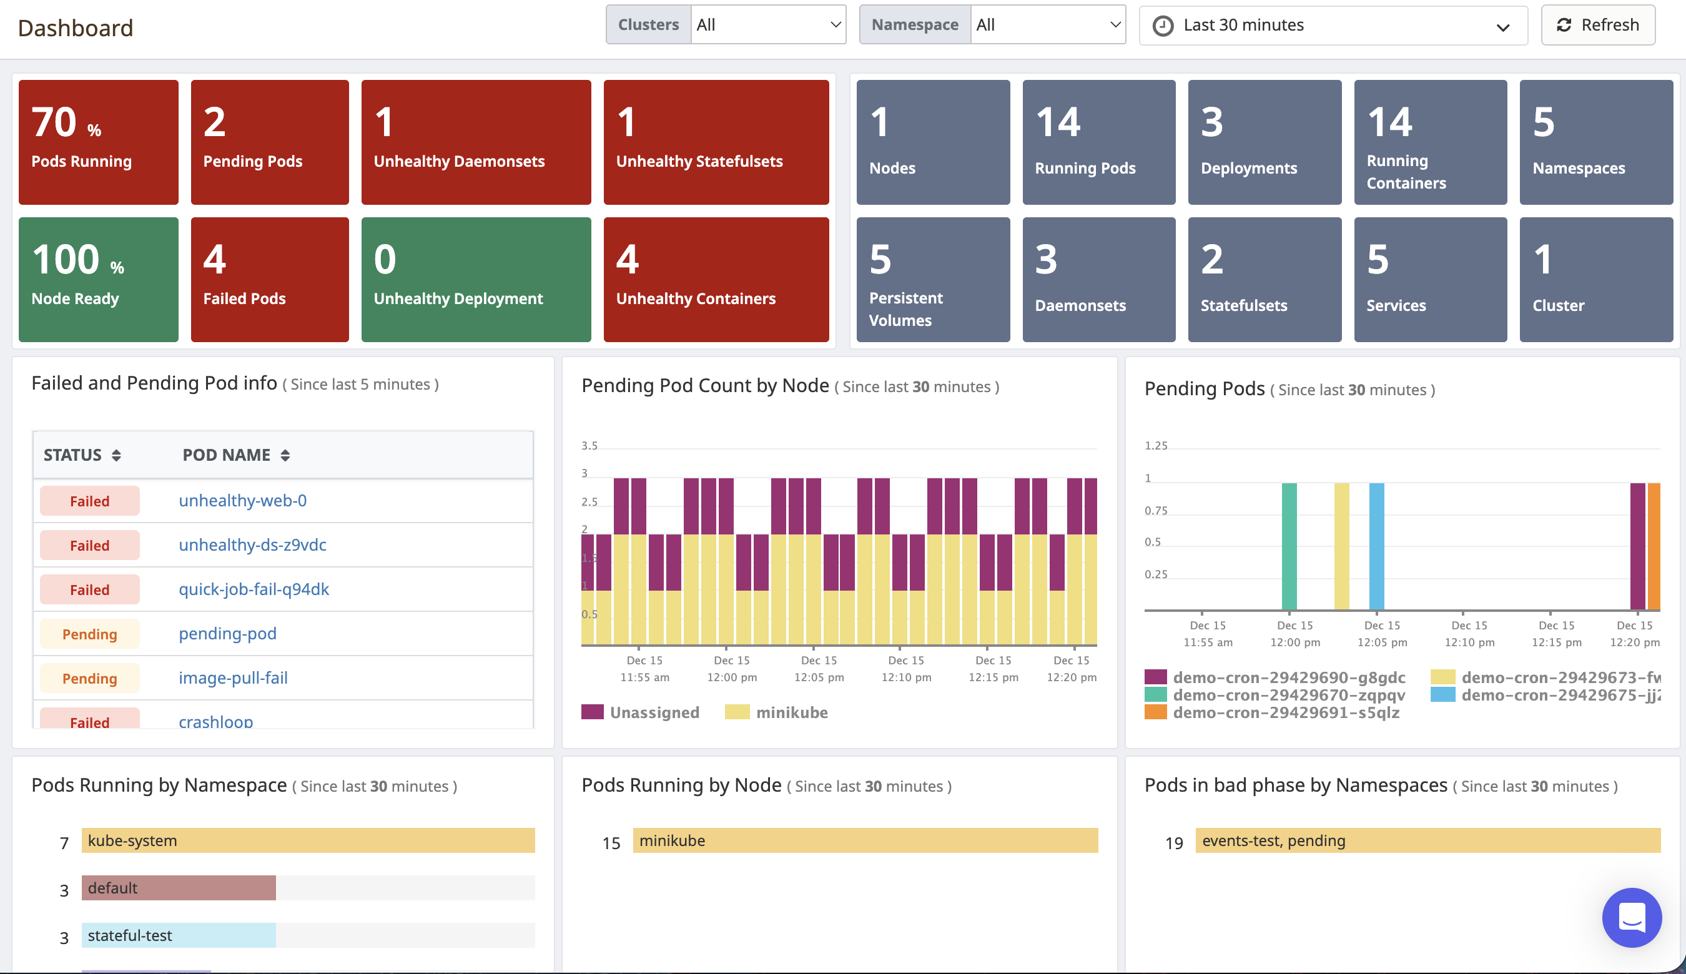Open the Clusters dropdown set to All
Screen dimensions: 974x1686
click(767, 26)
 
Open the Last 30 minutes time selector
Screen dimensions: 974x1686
click(1332, 26)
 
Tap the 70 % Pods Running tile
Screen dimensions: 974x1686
click(99, 142)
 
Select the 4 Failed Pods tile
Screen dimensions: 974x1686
click(270, 279)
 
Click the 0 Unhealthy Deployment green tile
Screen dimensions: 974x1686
click(476, 279)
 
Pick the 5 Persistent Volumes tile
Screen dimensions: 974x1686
click(933, 279)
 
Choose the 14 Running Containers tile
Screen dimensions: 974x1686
click(1430, 142)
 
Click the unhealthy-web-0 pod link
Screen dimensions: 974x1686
click(242, 500)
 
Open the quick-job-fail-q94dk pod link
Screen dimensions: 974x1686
click(254, 589)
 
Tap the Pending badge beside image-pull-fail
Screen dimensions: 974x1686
click(90, 678)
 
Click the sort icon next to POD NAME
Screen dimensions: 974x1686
click(285, 456)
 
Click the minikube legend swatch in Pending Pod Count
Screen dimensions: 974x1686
click(737, 712)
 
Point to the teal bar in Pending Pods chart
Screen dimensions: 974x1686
click(1289, 546)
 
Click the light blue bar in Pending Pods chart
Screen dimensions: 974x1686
click(1376, 546)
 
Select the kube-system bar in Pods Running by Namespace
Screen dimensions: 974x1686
click(308, 840)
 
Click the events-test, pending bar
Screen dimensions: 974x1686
click(1427, 840)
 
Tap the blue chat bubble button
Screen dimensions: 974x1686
click(1631, 917)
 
